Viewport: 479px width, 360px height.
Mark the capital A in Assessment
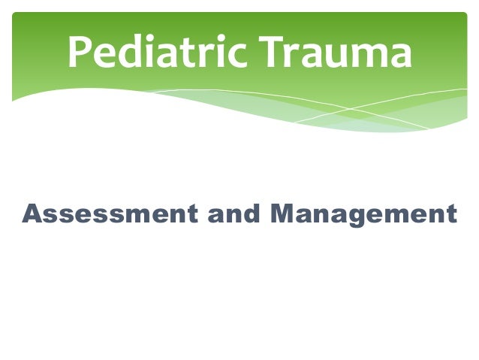[x=32, y=214]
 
